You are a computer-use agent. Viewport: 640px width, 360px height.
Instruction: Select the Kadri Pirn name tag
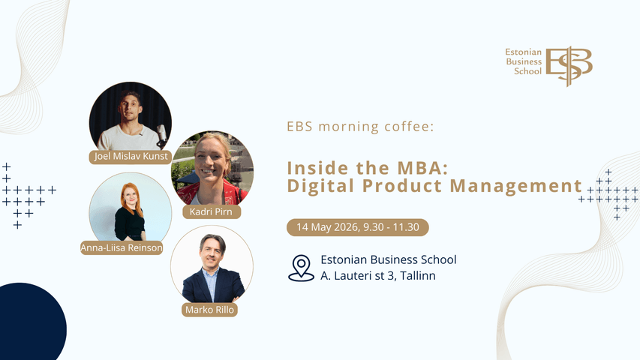pyautogui.click(x=212, y=212)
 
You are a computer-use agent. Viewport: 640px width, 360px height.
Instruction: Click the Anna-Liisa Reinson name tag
pyautogui.click(x=122, y=247)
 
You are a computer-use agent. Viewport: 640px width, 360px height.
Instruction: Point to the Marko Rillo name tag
pyautogui.click(x=209, y=309)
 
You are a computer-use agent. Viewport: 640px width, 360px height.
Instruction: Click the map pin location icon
pyautogui.click(x=301, y=268)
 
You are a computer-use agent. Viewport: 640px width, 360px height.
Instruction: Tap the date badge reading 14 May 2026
pyautogui.click(x=358, y=226)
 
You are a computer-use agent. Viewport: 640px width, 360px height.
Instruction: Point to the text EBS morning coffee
pyautogui.click(x=360, y=126)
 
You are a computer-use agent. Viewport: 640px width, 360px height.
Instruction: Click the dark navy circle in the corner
pyautogui.click(x=30, y=322)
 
